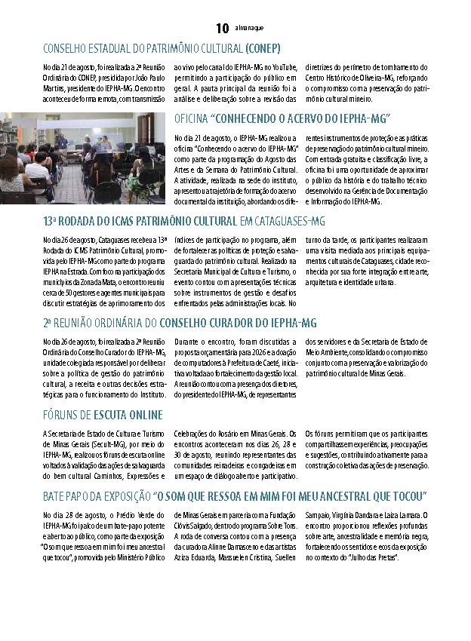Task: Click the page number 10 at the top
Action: pos(222,29)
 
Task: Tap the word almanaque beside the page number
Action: pos(249,29)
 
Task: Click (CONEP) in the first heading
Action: pos(263,49)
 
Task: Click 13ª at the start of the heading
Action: pos(51,221)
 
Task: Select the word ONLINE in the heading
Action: pos(143,416)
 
